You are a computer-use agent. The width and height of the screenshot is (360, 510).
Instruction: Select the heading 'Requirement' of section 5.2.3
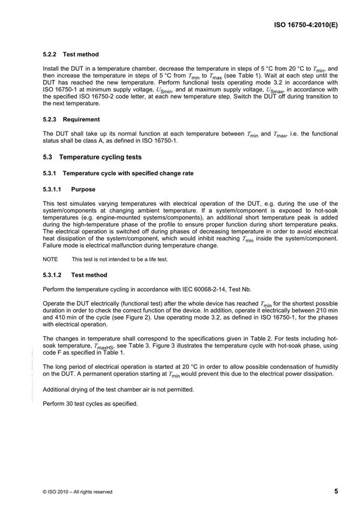pos(82,119)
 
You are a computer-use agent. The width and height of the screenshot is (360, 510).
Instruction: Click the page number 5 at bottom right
pos(336,491)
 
